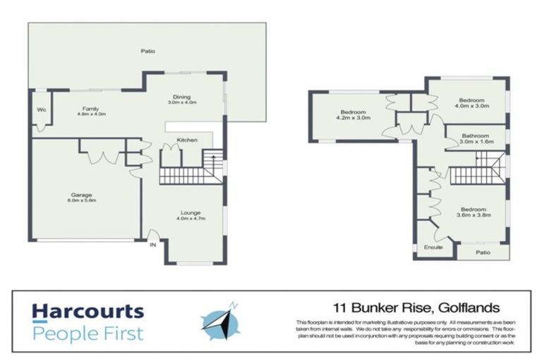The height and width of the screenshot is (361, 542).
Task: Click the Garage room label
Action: point(81,195)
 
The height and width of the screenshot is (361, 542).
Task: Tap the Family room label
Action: point(90,108)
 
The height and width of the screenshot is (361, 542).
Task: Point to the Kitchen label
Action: point(186,140)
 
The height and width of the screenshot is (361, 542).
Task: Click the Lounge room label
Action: point(190,212)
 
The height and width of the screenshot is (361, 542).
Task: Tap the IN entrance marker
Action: point(152,245)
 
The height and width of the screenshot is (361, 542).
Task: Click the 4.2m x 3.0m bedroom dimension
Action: point(352,118)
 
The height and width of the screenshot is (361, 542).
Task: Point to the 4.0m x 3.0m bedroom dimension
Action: point(471,106)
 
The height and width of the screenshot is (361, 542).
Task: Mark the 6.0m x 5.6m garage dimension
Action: point(82,201)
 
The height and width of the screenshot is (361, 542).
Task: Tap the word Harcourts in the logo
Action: point(88,312)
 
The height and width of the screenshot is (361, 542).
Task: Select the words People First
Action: point(88,333)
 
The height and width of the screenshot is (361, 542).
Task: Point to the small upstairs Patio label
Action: point(483,251)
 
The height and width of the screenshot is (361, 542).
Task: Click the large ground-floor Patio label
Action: point(147,51)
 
